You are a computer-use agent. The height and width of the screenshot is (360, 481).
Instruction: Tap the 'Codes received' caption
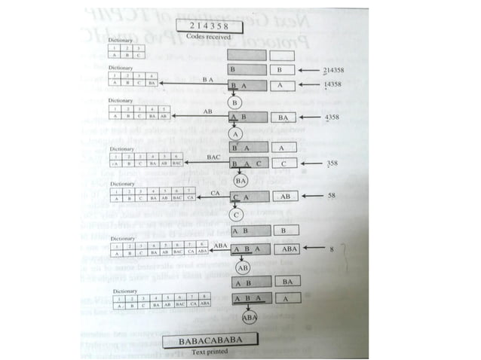click(x=205, y=35)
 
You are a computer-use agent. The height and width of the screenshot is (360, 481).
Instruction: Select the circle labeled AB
click(x=243, y=267)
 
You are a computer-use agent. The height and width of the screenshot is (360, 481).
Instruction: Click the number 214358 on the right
click(x=333, y=70)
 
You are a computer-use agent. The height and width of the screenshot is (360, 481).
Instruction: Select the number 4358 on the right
click(x=332, y=118)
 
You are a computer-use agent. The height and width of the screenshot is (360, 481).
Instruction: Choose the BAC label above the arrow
click(x=215, y=157)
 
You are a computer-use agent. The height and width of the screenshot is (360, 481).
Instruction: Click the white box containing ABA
click(x=288, y=249)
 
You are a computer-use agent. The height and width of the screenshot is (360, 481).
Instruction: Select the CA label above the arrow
click(x=215, y=192)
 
